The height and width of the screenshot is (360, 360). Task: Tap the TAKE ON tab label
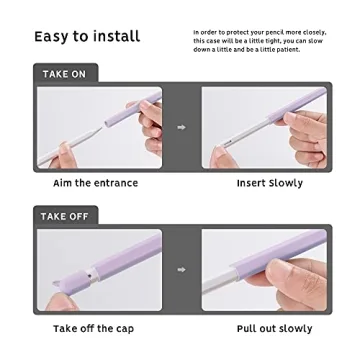click(x=64, y=75)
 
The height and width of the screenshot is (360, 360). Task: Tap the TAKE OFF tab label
click(x=66, y=217)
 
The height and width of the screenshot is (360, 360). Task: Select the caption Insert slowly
click(x=269, y=184)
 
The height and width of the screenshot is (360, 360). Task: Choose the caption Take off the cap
click(x=92, y=328)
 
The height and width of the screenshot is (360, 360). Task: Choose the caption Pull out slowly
click(x=273, y=328)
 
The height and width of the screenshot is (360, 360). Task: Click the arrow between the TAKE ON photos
click(x=181, y=127)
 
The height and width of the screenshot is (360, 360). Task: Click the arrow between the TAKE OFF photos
click(x=181, y=269)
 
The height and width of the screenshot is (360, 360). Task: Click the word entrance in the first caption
click(x=116, y=184)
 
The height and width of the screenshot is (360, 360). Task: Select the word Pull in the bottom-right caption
click(x=246, y=328)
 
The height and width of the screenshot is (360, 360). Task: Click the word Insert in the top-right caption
click(x=251, y=184)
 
